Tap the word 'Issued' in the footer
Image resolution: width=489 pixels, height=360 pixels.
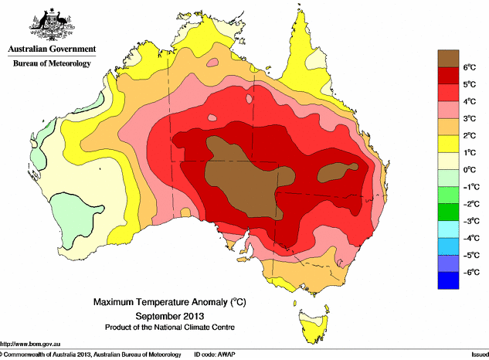478,355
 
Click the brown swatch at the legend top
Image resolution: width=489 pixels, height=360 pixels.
449,58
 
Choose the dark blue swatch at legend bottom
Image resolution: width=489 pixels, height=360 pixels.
449,280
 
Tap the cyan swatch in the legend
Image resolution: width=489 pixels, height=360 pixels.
449,229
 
